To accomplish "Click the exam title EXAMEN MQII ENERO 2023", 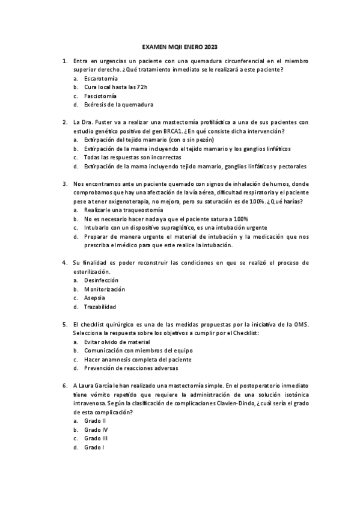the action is [181, 46].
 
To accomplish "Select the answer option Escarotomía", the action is [101, 79].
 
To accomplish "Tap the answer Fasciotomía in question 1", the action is [100, 96].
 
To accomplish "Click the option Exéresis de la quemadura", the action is [115, 105].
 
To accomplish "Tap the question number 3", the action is [64, 184].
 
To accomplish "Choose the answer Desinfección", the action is [102, 280].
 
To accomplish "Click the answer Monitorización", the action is [105, 289].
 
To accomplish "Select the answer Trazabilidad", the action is [100, 307].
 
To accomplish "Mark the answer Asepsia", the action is [95, 298].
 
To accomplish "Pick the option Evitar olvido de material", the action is [117, 342].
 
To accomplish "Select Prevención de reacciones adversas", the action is [131, 368].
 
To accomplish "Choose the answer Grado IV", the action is [96, 429].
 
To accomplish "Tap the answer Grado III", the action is [96, 438].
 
